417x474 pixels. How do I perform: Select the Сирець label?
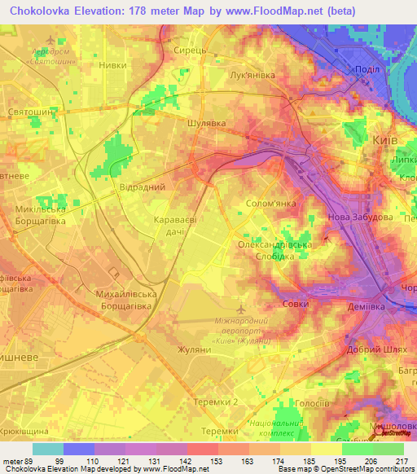click(x=189, y=50)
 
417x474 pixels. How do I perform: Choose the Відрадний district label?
click(x=143, y=187)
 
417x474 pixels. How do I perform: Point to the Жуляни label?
click(x=194, y=349)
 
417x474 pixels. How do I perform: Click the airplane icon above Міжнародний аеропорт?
click(x=239, y=309)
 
